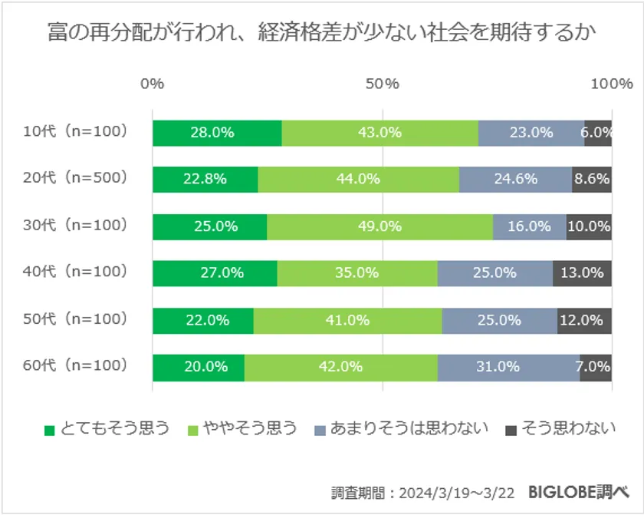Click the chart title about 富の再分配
(x=321, y=34)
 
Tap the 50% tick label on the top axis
(x=382, y=84)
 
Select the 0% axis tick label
(x=153, y=84)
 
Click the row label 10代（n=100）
(x=74, y=132)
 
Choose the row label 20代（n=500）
(x=74, y=179)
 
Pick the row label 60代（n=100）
(x=74, y=365)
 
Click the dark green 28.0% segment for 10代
(x=217, y=133)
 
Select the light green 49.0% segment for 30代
(x=379, y=226)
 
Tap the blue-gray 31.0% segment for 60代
(x=508, y=367)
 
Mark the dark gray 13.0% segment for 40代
(x=582, y=272)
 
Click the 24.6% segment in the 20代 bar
(x=515, y=180)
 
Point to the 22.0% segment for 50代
(x=203, y=320)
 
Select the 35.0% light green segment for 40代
(x=357, y=272)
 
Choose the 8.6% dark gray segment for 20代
(x=591, y=180)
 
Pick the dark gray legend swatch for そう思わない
(x=513, y=429)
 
